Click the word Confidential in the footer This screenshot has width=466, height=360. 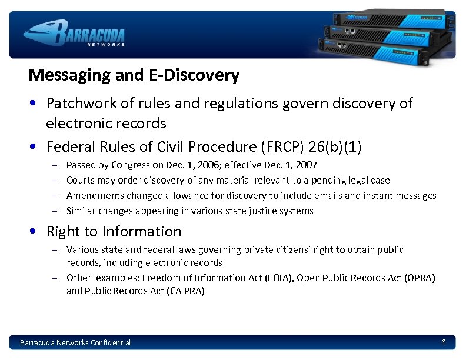coord(111,342)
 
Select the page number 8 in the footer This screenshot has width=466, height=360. coord(443,342)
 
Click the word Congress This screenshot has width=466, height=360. coord(129,165)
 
